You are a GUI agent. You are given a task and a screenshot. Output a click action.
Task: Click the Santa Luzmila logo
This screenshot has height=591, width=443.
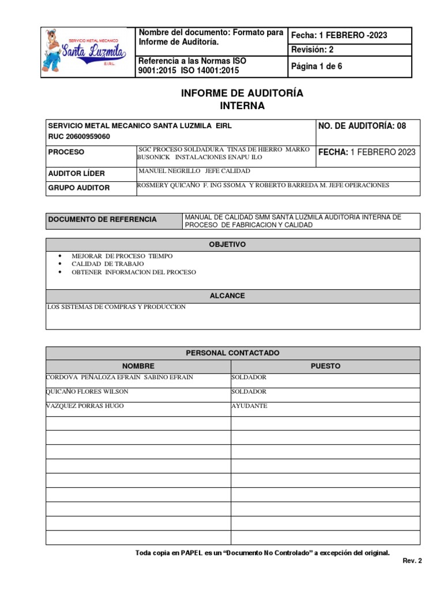[x=86, y=53]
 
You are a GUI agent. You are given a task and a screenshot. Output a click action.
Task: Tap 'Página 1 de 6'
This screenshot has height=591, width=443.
[x=317, y=66]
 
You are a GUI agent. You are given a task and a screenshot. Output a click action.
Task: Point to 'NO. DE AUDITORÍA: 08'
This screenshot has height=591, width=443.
[x=362, y=125]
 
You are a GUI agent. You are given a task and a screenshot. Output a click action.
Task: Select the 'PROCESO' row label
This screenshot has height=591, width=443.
[x=66, y=152]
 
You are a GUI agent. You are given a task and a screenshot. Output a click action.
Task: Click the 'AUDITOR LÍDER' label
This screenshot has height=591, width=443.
[x=76, y=173]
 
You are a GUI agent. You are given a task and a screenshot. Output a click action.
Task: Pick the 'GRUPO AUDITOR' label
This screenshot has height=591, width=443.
[x=79, y=188]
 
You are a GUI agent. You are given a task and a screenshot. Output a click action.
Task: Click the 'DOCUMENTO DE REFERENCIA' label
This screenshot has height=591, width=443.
[x=103, y=219]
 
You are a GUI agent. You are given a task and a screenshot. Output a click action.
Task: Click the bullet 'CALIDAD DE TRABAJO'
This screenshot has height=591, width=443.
[x=108, y=264]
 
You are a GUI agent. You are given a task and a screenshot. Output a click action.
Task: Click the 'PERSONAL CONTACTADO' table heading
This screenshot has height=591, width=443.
[x=232, y=352]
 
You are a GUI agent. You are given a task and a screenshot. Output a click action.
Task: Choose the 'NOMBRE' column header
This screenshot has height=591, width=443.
[x=138, y=366]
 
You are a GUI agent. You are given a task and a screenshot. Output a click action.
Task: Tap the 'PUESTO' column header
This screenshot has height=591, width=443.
[x=325, y=366]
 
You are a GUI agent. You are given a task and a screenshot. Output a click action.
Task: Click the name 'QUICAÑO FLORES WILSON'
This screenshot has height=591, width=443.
[x=87, y=392]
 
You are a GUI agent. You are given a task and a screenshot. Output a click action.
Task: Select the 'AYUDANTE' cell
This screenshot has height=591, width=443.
[x=249, y=406]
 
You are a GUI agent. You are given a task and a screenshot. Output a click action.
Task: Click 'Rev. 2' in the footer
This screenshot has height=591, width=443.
[x=412, y=560]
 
